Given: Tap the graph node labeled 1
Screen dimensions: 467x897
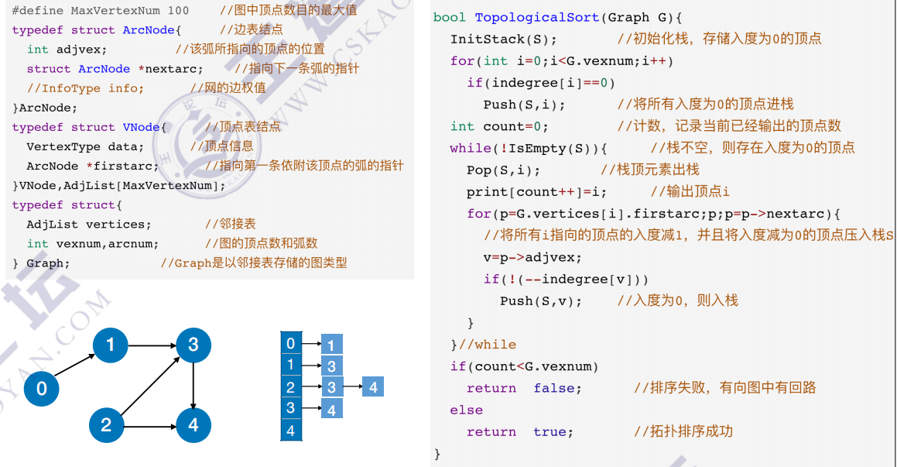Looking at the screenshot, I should [x=110, y=344].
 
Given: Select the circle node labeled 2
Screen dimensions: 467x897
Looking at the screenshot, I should [x=106, y=424].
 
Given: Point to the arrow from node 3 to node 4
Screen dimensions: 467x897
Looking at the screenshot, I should [x=193, y=384].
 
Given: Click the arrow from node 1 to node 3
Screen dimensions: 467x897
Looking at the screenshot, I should [x=152, y=345].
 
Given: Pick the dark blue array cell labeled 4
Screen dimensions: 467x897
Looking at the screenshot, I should [x=290, y=431].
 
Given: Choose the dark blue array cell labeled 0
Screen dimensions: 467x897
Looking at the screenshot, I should [x=290, y=343].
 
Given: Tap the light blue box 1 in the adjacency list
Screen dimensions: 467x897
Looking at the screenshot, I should [x=331, y=345].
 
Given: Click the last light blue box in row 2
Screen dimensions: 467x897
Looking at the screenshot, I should [x=373, y=387].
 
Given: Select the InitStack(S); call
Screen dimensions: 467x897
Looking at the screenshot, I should [x=503, y=39].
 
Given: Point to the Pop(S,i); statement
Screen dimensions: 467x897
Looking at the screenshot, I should [x=503, y=170].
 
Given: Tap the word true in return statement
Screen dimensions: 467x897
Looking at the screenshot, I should [x=553, y=431].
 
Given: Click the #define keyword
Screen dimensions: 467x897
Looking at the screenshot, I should [x=37, y=11].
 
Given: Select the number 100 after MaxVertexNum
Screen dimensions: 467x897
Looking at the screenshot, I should [x=178, y=11].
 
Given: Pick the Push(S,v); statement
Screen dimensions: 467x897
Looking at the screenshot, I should [x=540, y=300].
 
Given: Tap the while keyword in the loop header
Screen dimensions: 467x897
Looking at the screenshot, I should [x=470, y=148].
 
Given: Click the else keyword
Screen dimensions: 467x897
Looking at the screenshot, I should [x=466, y=410].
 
